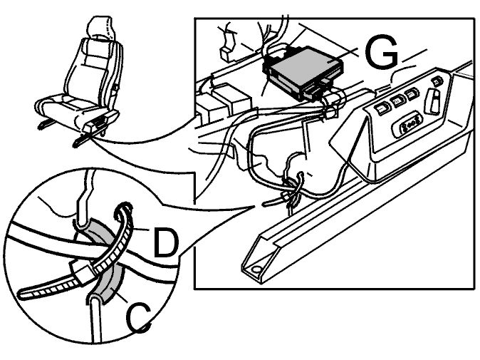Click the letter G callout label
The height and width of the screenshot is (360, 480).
(x=382, y=52)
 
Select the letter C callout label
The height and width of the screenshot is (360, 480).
(x=138, y=318)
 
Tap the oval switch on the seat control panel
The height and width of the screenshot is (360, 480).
(x=407, y=125)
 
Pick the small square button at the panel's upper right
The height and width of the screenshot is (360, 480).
(x=437, y=82)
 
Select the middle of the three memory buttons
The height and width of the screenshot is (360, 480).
(x=397, y=101)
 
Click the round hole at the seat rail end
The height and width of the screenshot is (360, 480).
(x=256, y=269)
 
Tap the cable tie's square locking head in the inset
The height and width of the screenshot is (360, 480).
(x=81, y=271)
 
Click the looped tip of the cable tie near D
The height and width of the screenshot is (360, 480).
(x=123, y=209)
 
